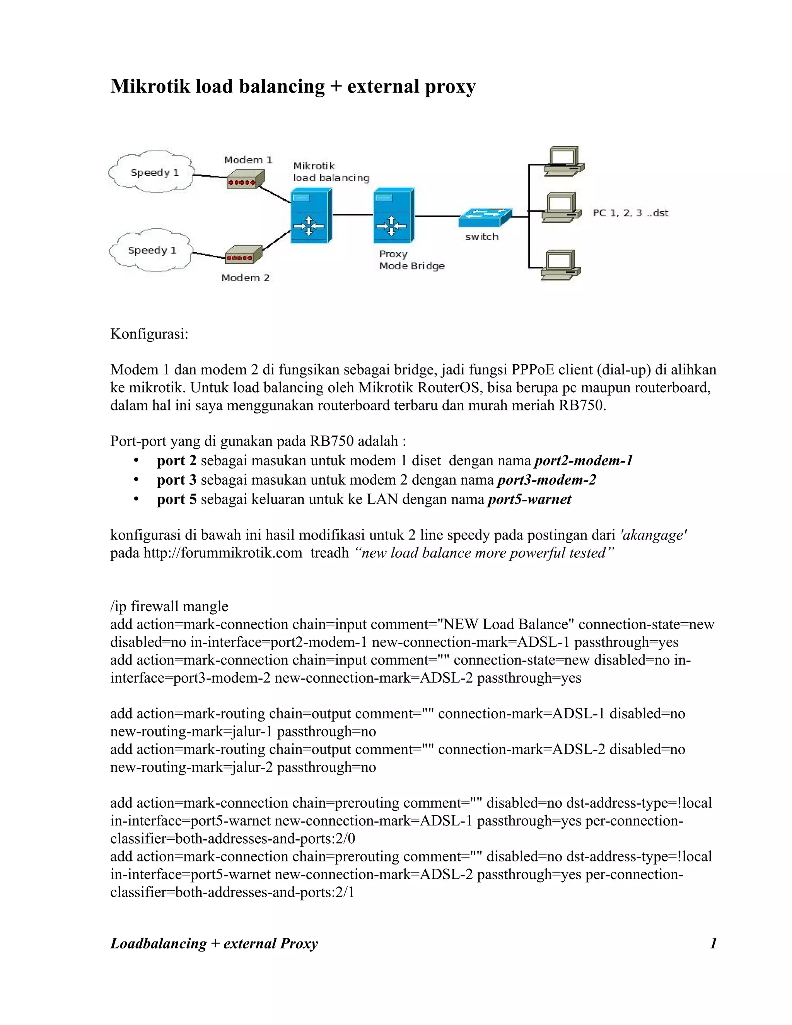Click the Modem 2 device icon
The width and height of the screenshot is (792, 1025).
(243, 255)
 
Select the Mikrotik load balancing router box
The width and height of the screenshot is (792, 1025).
(311, 215)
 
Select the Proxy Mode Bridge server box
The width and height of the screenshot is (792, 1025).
(393, 215)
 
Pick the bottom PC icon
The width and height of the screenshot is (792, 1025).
(561, 265)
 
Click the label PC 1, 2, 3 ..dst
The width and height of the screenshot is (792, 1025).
(630, 213)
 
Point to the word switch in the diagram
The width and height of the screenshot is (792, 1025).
(481, 237)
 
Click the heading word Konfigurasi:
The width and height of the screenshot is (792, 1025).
(149, 334)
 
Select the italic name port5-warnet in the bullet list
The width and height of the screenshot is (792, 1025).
(529, 499)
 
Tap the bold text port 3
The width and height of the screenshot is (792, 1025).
(176, 480)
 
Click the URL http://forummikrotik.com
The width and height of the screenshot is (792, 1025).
(222, 553)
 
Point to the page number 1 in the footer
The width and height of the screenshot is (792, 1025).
(713, 943)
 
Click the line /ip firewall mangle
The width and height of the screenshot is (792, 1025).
(169, 606)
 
